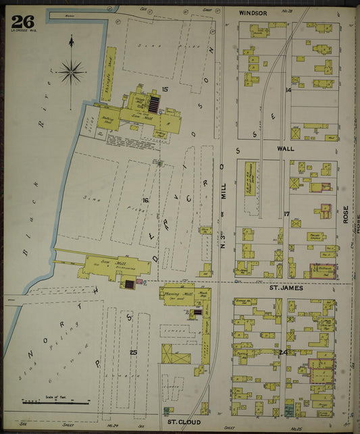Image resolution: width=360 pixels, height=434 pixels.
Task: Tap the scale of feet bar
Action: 55,403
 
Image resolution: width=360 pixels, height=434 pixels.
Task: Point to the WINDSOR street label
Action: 253,13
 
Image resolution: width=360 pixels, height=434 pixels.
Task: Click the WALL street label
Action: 285,147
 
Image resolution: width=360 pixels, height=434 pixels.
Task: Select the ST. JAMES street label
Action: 284,288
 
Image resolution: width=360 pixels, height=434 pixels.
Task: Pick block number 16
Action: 145,200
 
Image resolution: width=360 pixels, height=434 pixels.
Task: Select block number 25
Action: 134,352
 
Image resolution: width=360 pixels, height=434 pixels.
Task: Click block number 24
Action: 284,352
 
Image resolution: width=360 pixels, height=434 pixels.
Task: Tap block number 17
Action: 286,214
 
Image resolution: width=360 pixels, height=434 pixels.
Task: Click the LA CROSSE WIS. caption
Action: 21,34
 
